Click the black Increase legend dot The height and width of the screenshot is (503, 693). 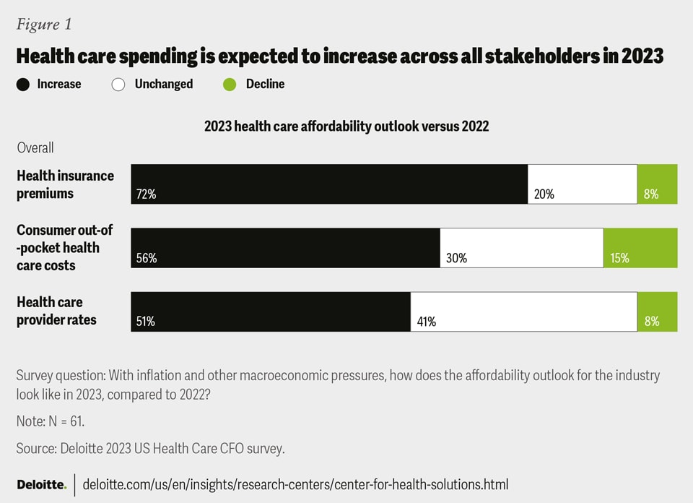23,85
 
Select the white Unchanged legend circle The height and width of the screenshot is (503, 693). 119,85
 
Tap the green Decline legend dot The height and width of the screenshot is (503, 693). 230,85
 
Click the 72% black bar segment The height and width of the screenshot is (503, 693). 329,184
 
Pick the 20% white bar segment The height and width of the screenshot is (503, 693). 583,184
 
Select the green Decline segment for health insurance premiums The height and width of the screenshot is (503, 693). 657,184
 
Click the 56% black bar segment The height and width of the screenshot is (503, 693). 285,248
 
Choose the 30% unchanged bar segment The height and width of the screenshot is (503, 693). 521,248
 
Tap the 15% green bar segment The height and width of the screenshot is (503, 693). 640,248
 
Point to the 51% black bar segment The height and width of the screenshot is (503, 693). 271,311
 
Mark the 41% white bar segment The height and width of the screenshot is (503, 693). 523,311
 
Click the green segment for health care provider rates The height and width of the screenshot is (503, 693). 657,311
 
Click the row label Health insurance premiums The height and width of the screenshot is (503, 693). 65,184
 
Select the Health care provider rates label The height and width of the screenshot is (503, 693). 56,311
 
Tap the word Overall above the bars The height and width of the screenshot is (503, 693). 35,147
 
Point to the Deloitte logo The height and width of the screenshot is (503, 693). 40,483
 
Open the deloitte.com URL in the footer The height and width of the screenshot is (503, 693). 295,483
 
